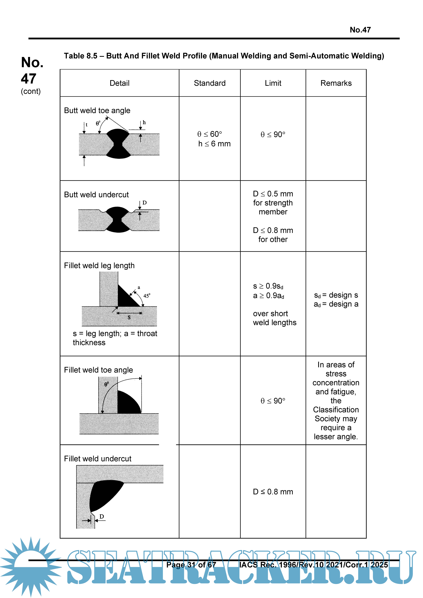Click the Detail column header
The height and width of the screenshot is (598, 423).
click(x=120, y=83)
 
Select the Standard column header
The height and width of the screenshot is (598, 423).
click(x=210, y=83)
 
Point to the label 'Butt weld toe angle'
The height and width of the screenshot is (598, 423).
click(x=97, y=111)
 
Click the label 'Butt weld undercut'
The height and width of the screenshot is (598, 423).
click(x=96, y=195)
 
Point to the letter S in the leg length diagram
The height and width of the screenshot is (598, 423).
click(x=129, y=317)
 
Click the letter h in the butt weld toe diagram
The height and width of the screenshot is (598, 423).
click(x=144, y=122)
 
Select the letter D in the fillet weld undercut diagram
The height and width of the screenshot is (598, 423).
click(x=102, y=516)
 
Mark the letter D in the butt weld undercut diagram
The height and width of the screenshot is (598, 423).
click(x=145, y=203)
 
